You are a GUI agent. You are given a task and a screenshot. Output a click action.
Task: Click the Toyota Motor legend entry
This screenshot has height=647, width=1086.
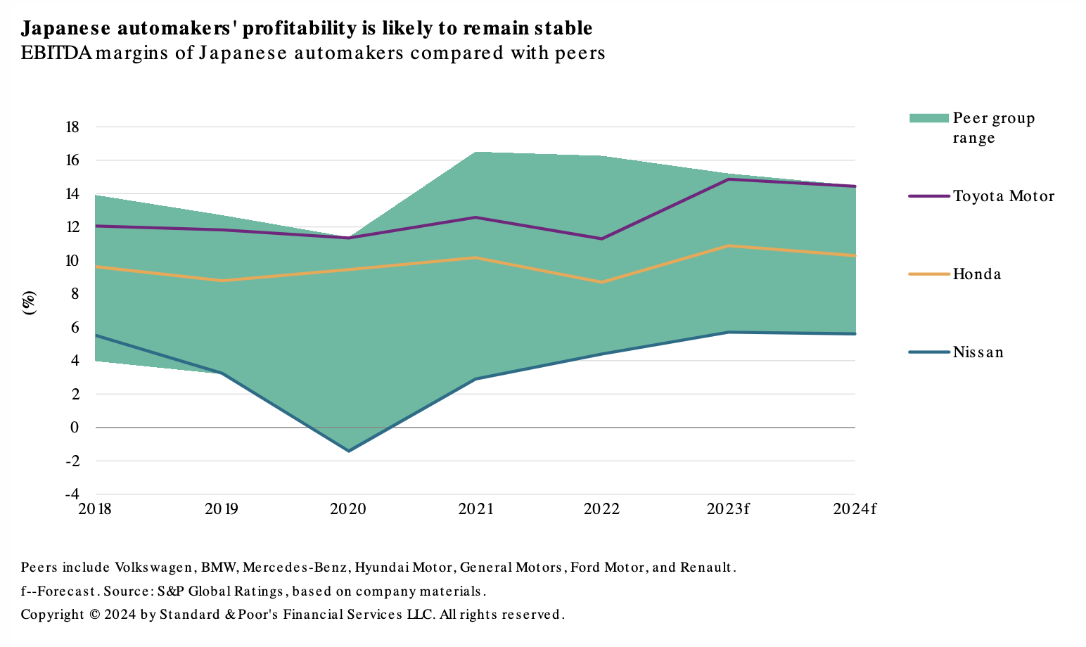[1003, 196]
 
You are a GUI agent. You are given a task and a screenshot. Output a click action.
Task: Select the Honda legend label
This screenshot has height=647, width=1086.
[976, 274]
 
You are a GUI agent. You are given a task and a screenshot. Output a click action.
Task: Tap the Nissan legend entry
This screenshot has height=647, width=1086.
[978, 352]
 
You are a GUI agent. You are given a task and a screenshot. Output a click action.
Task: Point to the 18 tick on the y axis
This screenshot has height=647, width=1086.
[72, 127]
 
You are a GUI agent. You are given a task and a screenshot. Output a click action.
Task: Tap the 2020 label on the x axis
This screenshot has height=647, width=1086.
[348, 508]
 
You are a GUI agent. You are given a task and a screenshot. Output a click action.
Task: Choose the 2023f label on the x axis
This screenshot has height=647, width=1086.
[728, 508]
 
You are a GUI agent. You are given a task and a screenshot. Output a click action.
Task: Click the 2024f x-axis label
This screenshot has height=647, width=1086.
[854, 508]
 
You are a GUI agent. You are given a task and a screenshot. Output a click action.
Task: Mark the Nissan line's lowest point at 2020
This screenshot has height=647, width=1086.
[349, 451]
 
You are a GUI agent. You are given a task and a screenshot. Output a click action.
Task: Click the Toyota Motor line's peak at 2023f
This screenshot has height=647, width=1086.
[729, 179]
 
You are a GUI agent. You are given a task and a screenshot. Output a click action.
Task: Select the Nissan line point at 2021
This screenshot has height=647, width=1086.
[475, 379]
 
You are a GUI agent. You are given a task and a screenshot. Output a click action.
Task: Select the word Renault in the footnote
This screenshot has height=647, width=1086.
[707, 568]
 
